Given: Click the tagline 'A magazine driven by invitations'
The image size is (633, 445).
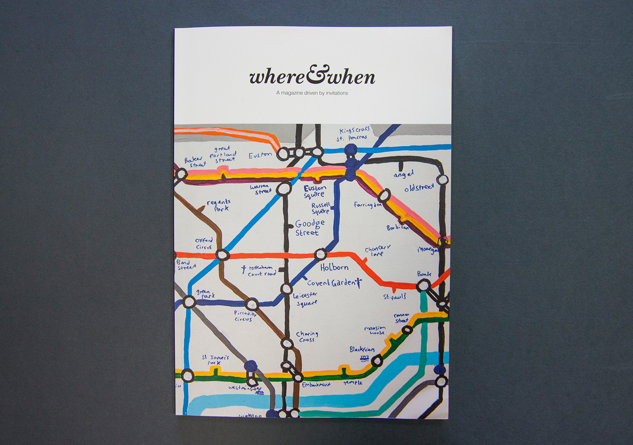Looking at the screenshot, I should coord(312,92).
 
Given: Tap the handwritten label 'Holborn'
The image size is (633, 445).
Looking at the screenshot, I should coord(334,267).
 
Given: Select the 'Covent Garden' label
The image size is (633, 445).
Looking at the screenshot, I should coord(332,283).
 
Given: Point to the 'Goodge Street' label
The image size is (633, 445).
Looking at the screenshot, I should coord(310,228).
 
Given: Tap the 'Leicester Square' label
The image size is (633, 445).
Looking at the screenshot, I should coord(305,298).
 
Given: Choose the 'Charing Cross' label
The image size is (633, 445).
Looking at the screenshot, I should coord(307,337).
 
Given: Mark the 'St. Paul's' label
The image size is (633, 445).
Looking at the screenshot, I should coord(394,297).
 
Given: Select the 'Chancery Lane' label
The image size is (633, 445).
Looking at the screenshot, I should coord(378,250).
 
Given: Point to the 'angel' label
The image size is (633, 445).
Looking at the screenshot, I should coord(403,175).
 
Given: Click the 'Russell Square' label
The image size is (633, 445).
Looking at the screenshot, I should coord(321,208).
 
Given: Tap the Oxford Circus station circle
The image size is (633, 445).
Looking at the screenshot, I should coord(223,255).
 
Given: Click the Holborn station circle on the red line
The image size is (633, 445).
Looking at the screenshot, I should coord(321,254).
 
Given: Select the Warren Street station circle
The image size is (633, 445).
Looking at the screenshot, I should coord(284,189).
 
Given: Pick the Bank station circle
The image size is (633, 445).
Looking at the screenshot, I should coord(423,285).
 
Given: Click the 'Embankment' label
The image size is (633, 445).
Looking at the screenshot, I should coord(316,384).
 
